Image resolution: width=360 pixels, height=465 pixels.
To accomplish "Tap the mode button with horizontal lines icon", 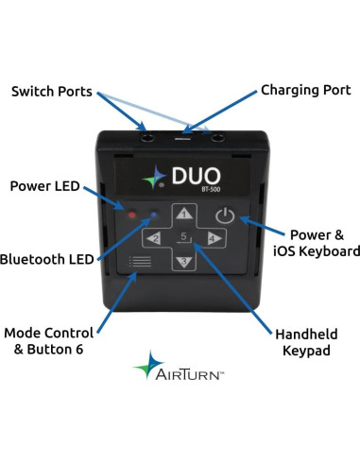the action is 141,262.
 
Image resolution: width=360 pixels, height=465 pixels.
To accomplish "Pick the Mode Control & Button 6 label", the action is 49,341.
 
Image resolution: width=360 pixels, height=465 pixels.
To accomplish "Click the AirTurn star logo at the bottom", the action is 150,366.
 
